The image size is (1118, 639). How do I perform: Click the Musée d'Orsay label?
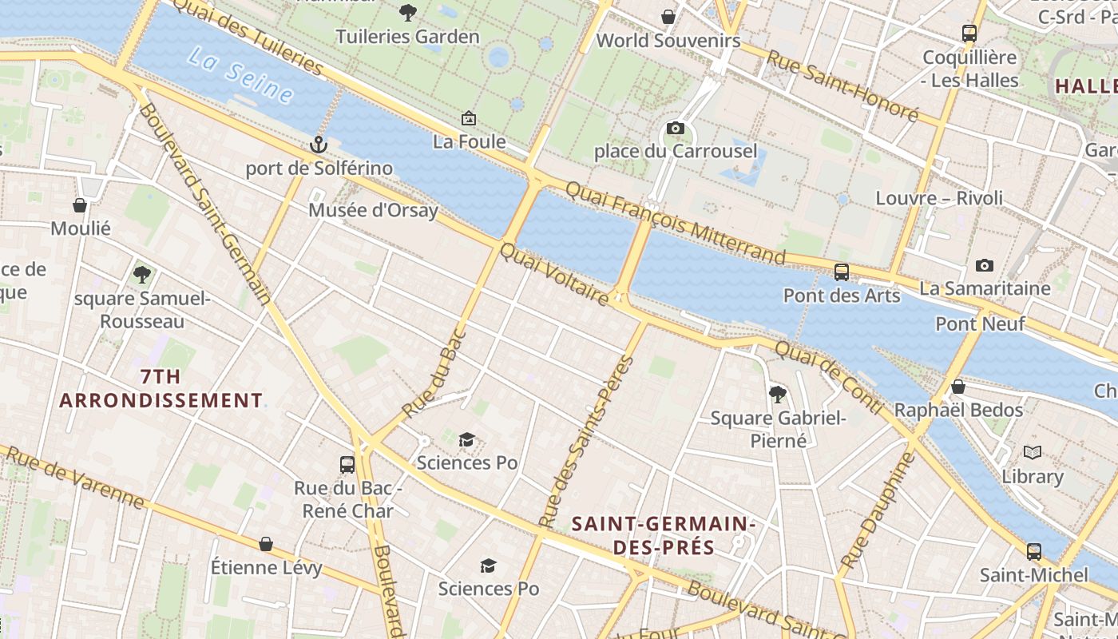[373, 211]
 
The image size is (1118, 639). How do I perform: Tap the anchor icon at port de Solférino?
[319, 145]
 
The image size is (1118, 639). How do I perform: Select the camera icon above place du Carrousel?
[675, 129]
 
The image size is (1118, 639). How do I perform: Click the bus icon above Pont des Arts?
[842, 272]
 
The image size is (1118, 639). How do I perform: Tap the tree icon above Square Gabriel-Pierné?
[777, 394]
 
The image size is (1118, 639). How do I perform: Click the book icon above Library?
[1033, 453]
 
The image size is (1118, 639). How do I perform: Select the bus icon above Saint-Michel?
[1034, 552]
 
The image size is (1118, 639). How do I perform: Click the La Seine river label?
[240, 74]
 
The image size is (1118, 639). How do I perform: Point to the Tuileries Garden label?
[407, 37]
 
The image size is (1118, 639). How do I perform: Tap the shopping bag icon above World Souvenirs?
[668, 17]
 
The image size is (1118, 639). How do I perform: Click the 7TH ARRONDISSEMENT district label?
[161, 388]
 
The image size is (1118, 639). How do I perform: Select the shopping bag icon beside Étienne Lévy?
[266, 545]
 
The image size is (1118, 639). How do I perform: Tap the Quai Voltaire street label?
[554, 274]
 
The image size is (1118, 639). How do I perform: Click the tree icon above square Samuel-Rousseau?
[142, 275]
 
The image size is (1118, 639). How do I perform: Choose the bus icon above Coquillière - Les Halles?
[969, 34]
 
